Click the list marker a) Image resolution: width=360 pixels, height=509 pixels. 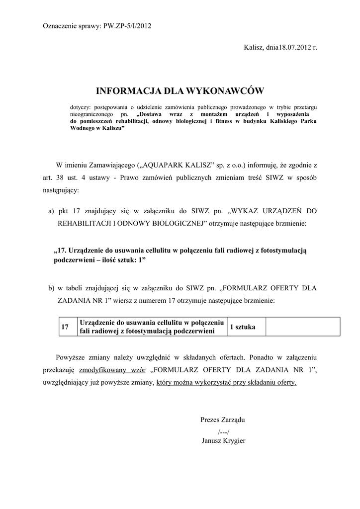click(51, 211)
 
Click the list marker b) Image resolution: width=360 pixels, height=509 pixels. click(51, 288)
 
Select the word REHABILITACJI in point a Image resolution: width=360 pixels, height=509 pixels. click(85, 224)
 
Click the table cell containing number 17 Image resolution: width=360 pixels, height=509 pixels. click(65, 327)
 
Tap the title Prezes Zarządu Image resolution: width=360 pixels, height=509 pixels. click(222, 420)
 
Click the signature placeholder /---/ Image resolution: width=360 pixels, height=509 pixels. click(223, 431)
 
